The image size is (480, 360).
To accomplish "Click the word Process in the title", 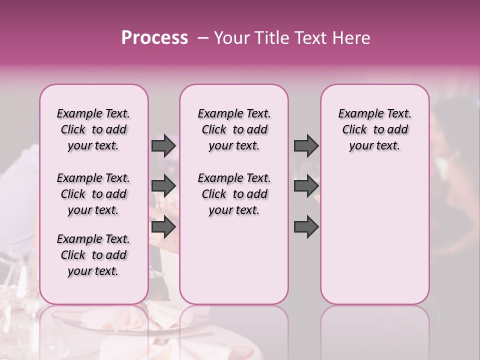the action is coord(154,38).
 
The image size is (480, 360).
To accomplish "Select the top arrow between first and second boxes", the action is coord(163,146).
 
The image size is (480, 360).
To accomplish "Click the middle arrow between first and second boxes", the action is coord(163,186).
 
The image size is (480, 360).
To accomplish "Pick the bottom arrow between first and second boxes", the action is coord(163,227).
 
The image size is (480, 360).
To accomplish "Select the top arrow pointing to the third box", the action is coord(306,146).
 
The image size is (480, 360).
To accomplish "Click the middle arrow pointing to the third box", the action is coord(306,186).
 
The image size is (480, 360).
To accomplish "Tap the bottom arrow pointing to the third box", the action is coord(306,227).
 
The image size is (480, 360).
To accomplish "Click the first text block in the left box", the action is coord(93,129).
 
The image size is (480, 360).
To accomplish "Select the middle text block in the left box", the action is coord(93,194).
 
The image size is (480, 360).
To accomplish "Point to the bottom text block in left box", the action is coord(93,255).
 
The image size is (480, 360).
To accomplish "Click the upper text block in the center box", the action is coord(234,129).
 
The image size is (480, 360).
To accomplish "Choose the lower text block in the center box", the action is coord(234,194).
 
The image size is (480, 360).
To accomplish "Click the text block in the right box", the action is coord(374,129).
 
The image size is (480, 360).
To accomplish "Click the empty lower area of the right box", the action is coord(374,235).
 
